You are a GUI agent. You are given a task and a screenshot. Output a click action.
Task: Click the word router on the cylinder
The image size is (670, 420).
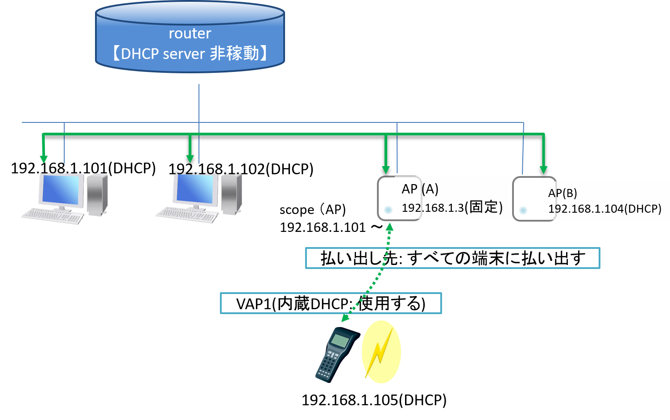pos(190,34)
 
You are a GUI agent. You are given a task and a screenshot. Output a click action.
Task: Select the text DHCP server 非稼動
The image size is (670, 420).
pos(190,54)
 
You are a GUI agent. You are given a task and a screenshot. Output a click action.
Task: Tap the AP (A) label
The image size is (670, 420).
pos(420,189)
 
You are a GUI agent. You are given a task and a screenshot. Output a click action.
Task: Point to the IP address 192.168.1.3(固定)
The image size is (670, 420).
pos(452,207)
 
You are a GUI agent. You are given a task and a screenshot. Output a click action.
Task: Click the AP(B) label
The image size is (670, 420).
pos(562,193)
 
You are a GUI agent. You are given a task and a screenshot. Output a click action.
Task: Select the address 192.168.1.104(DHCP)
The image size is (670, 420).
pos(604,209)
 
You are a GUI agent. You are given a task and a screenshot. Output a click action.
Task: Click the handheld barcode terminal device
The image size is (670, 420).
pos(335,355)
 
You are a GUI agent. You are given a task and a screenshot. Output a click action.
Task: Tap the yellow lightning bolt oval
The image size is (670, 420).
pos(381,352)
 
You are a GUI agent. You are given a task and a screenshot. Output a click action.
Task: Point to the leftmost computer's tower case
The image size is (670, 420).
pos(97,194)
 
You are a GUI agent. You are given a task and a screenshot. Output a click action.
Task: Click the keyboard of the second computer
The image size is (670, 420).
pos(187,215)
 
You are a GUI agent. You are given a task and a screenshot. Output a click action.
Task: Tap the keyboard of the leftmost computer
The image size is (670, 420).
pos(53,216)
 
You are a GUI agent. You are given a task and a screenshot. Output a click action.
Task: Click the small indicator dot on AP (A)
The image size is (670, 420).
pos(388,210)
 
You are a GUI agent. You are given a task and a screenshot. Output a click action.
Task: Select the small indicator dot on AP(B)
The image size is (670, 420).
pos(523,210)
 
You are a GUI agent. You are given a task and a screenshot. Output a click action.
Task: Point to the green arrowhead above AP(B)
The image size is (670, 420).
pos(543,169)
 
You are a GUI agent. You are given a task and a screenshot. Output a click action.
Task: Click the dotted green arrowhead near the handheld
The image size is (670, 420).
pos(345,318)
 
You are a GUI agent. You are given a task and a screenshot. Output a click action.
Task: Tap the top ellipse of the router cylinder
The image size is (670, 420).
pos(190,13)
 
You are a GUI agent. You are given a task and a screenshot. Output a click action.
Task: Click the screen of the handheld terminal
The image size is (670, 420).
pos(340,341)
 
